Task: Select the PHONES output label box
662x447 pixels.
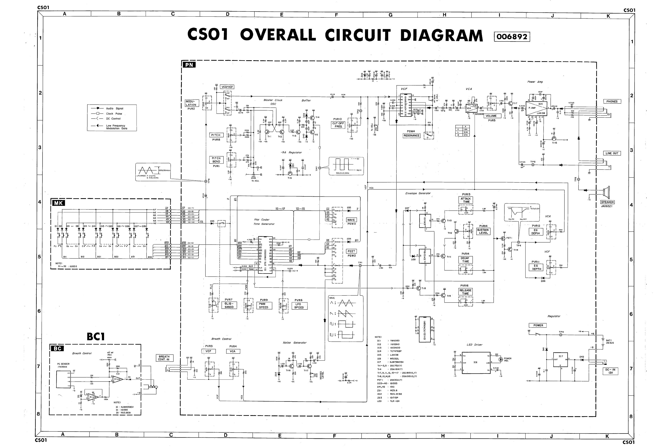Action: [x=612, y=101]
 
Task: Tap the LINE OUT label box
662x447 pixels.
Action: [x=612, y=153]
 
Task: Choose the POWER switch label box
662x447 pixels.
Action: [x=538, y=325]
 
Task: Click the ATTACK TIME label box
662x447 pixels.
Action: [x=466, y=200]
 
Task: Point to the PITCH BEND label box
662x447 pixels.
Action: [x=216, y=160]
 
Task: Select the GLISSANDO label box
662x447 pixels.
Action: [x=229, y=305]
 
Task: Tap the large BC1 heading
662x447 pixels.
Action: [x=96, y=337]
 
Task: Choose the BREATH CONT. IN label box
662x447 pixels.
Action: [x=164, y=358]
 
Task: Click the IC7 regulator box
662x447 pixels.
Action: [x=560, y=359]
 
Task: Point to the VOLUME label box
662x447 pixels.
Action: [x=491, y=116]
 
